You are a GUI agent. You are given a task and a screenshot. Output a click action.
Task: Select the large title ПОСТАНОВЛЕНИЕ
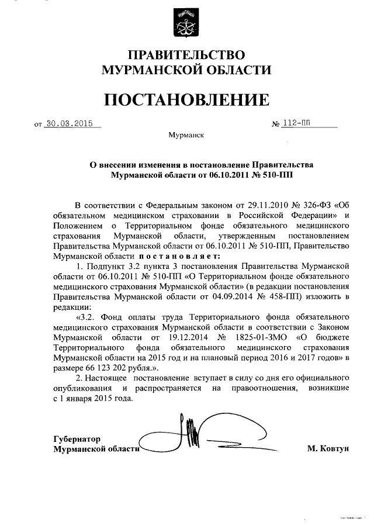(186, 99)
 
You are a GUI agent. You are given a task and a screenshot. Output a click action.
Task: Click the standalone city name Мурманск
(186, 136)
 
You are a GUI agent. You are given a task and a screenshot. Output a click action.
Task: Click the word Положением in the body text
(77, 226)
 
